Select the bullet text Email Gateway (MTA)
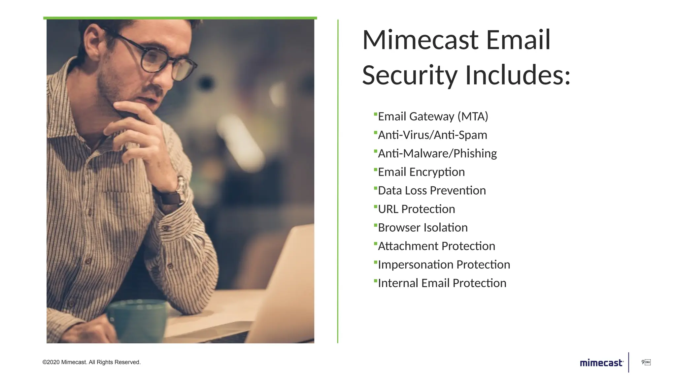pyautogui.click(x=433, y=116)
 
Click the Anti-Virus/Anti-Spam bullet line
pyautogui.click(x=432, y=135)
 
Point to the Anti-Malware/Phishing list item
pyautogui.click(x=437, y=153)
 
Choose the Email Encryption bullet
pyautogui.click(x=421, y=172)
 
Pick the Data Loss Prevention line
pyautogui.click(x=432, y=190)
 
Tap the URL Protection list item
pyautogui.click(x=416, y=209)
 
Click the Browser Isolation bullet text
pyautogui.click(x=422, y=228)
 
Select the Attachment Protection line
pyautogui.click(x=436, y=246)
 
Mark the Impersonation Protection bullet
pyautogui.click(x=444, y=265)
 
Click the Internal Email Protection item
pyautogui.click(x=442, y=283)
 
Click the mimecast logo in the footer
pyautogui.click(x=601, y=363)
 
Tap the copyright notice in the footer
pyautogui.click(x=91, y=362)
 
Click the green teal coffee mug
pyautogui.click(x=137, y=320)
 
